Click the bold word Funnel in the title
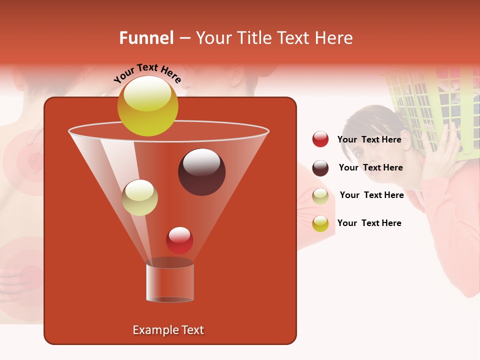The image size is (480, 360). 146,38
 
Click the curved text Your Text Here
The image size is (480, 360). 148,73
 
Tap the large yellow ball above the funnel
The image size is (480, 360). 147,105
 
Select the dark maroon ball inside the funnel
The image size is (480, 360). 201,172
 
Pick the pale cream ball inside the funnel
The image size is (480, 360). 139,197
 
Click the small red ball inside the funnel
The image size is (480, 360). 179,240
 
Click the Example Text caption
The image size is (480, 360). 168,330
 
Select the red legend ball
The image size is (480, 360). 320,139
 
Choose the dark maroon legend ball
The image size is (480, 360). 320,168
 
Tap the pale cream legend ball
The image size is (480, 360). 320,196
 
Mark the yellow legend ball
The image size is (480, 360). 320,223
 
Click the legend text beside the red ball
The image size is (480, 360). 369,140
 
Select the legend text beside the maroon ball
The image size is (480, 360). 370,168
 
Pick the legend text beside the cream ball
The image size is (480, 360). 371,195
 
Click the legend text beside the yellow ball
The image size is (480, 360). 369,223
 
